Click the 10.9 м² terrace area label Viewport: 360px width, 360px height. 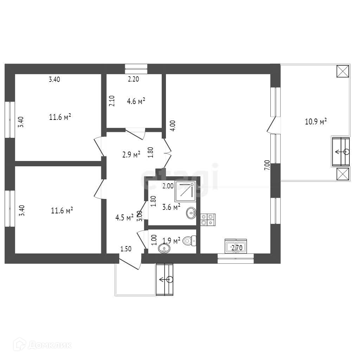pos(316,122)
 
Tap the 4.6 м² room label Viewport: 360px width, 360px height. pos(136,102)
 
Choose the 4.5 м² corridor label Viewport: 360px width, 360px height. pos(124,217)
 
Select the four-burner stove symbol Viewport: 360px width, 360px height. pos(208,219)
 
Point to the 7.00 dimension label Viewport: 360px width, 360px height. pos(267,165)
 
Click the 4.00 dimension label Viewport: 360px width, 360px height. pos(172,126)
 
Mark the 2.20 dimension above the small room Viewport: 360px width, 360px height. pos(133,79)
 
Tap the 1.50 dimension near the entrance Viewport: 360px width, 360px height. pos(126,249)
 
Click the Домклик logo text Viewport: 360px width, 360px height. pos(50,345)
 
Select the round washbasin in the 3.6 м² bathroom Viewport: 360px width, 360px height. pos(191,212)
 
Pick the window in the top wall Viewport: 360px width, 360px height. pos(136,69)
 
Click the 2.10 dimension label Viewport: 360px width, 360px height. pos(111,101)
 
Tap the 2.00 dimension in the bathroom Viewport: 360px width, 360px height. pos(168,186)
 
